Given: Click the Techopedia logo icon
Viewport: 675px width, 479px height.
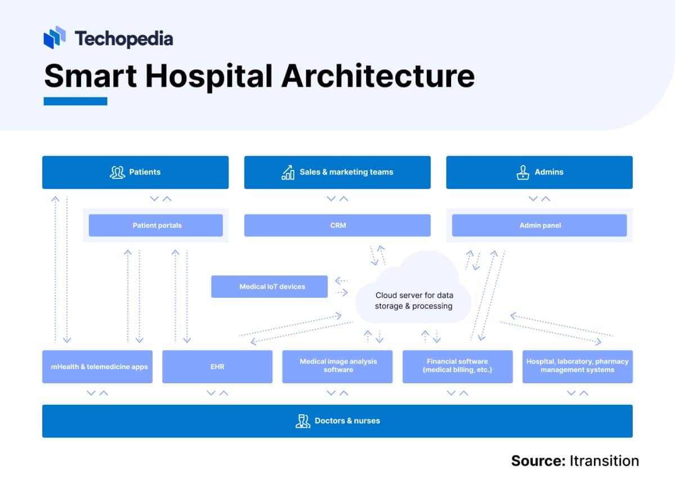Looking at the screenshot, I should click(55, 37).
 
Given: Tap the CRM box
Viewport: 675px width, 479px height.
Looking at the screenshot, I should click(337, 225).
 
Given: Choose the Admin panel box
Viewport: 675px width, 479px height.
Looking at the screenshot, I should click(539, 225).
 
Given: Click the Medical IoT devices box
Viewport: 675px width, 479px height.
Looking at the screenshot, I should click(269, 286).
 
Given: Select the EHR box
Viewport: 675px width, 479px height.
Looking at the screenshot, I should click(217, 367).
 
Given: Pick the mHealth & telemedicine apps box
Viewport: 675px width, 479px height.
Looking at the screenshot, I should click(97, 367).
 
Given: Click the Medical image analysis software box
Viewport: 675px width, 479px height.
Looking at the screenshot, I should click(337, 366).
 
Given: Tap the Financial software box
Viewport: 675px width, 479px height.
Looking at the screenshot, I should click(457, 366).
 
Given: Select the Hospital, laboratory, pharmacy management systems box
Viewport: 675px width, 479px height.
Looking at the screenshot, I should click(577, 366).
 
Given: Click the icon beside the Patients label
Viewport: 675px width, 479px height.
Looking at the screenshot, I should click(117, 172).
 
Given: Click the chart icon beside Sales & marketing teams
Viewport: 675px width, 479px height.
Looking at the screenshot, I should click(288, 172).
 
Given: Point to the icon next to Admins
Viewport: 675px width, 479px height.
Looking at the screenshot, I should click(523, 172).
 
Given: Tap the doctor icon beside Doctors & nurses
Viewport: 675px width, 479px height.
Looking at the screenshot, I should click(303, 421).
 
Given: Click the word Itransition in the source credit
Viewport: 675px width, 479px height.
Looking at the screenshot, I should click(604, 461).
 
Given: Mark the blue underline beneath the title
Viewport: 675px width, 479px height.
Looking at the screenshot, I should click(75, 101).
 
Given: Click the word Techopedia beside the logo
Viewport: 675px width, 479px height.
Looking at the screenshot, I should click(124, 38).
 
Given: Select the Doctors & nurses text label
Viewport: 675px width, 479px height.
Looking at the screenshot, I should click(347, 421).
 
